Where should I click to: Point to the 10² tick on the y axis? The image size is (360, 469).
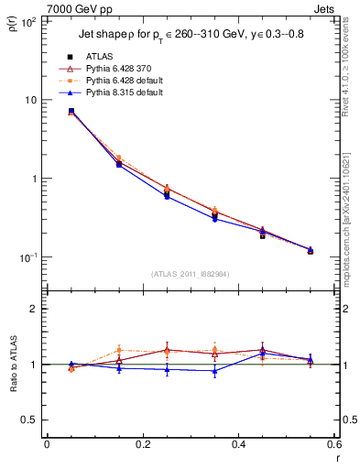point(29,21)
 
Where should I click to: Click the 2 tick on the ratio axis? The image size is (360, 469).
point(34,309)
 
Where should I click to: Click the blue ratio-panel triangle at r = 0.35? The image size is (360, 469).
point(214,371)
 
